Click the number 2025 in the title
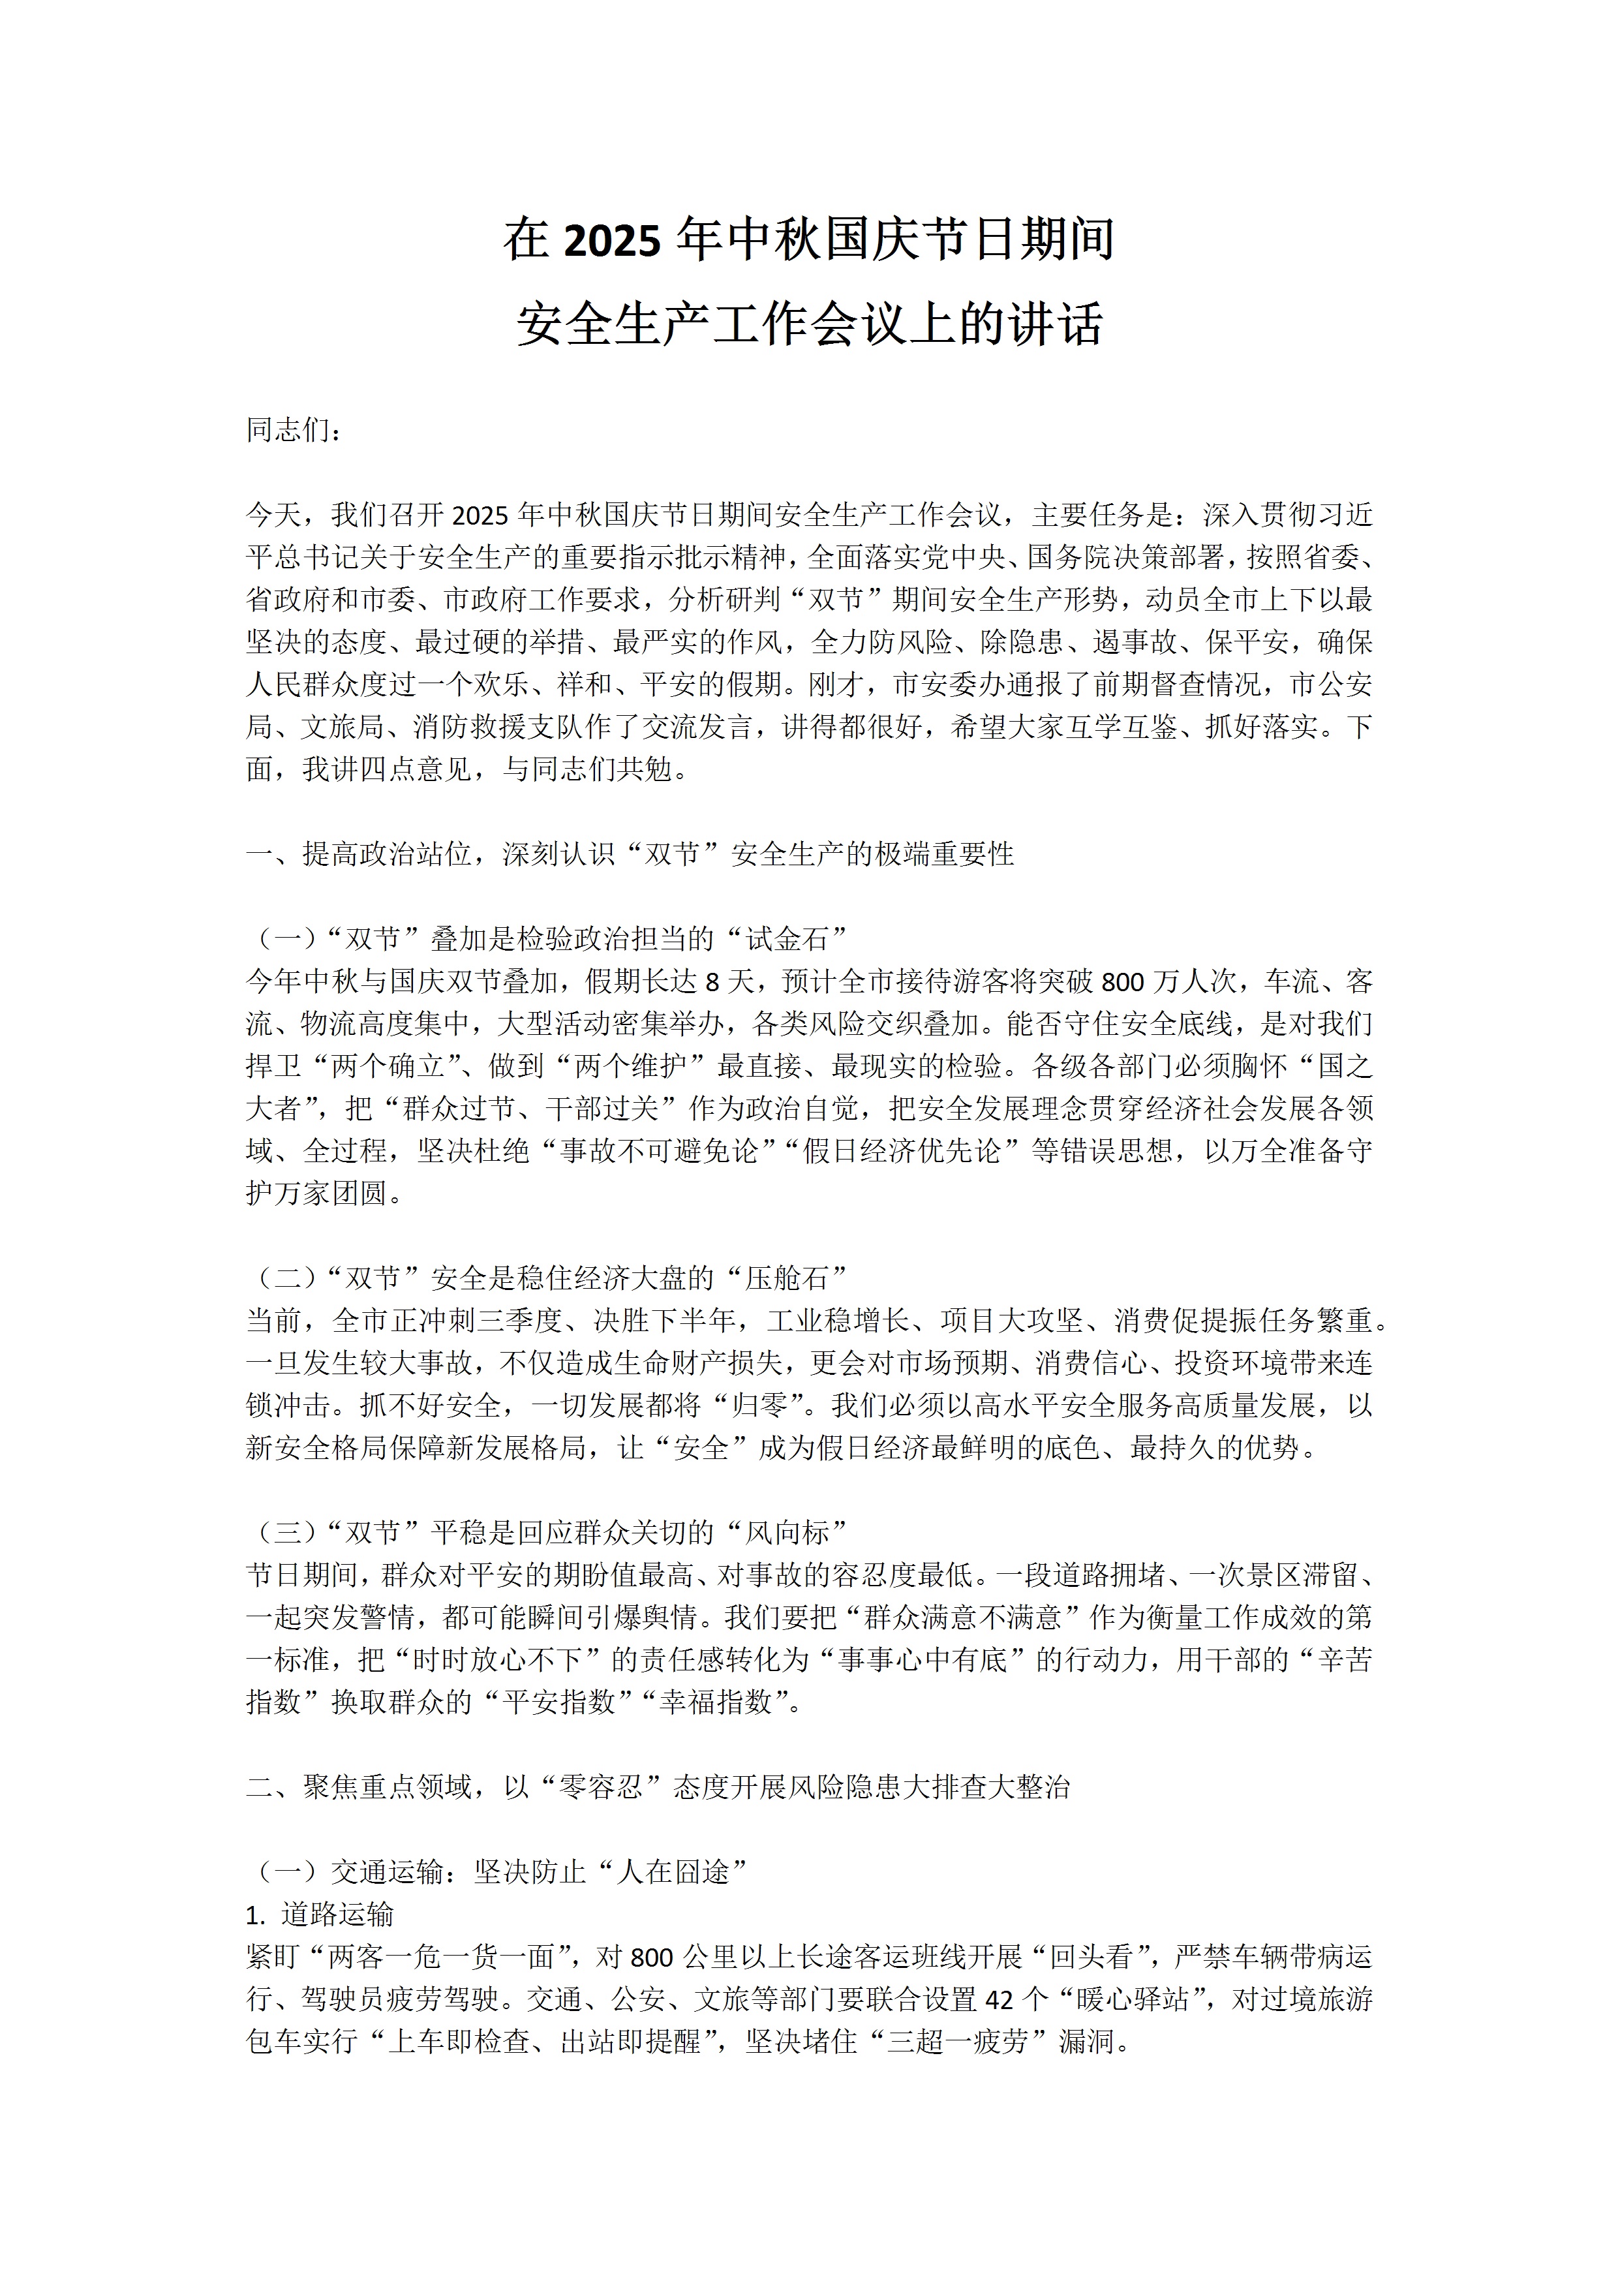coord(612,241)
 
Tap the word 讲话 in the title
coord(1055,325)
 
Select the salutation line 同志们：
coord(294,430)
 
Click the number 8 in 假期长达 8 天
coord(712,982)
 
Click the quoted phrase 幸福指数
coord(715,1702)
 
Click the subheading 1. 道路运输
coord(320,1914)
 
